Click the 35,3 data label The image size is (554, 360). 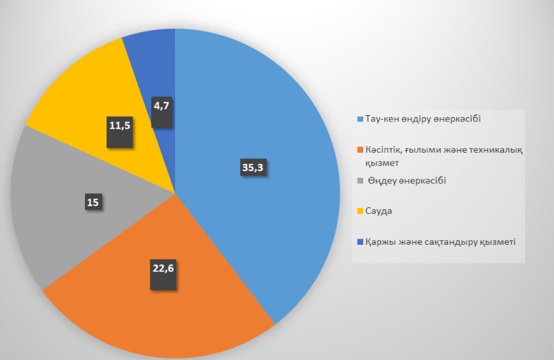click(254, 168)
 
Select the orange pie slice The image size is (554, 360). click(164, 309)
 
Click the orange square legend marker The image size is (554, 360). click(359, 150)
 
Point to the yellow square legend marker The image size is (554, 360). click(359, 211)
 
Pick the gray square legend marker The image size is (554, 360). click(359, 180)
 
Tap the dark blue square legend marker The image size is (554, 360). click(359, 242)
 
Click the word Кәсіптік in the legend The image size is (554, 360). click(384, 150)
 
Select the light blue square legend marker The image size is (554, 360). click(359, 120)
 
